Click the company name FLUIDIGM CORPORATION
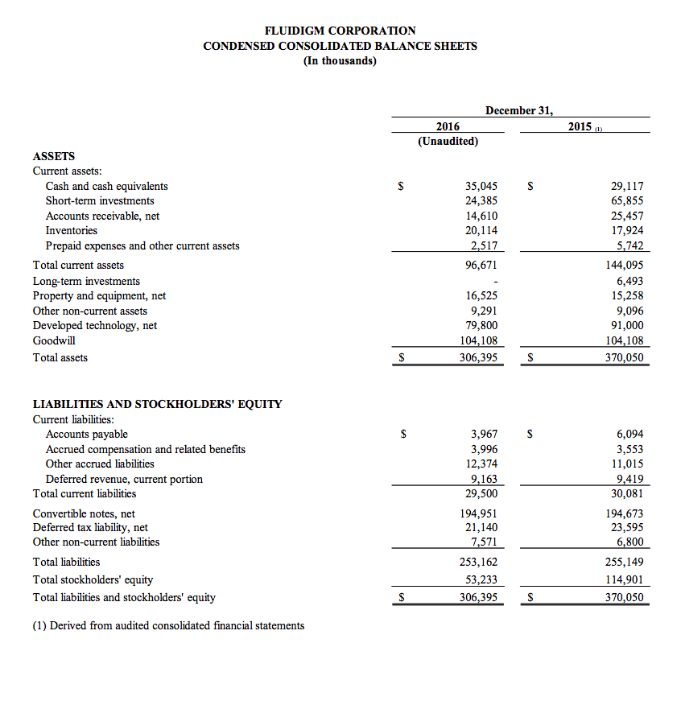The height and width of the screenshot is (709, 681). click(x=340, y=31)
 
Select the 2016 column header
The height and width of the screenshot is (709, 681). click(x=448, y=126)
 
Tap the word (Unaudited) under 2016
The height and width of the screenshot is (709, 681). click(x=448, y=142)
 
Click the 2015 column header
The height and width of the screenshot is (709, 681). click(x=580, y=126)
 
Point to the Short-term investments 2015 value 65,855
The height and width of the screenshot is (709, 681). click(x=627, y=200)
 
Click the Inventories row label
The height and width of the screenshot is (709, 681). click(x=72, y=230)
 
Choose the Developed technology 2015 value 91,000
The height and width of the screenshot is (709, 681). click(x=627, y=325)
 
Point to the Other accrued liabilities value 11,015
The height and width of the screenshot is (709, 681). click(x=627, y=464)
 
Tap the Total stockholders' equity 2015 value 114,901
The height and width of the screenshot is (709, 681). click(x=625, y=579)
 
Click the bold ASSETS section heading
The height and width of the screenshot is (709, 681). click(x=54, y=156)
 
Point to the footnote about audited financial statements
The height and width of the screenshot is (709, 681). click(x=168, y=625)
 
